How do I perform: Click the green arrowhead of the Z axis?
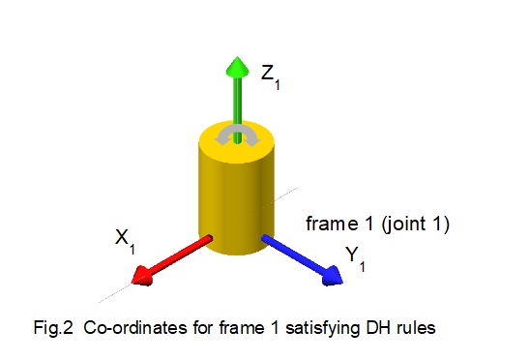tap(233, 67)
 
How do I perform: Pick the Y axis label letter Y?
tap(352, 255)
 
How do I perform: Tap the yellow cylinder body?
tap(233, 198)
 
